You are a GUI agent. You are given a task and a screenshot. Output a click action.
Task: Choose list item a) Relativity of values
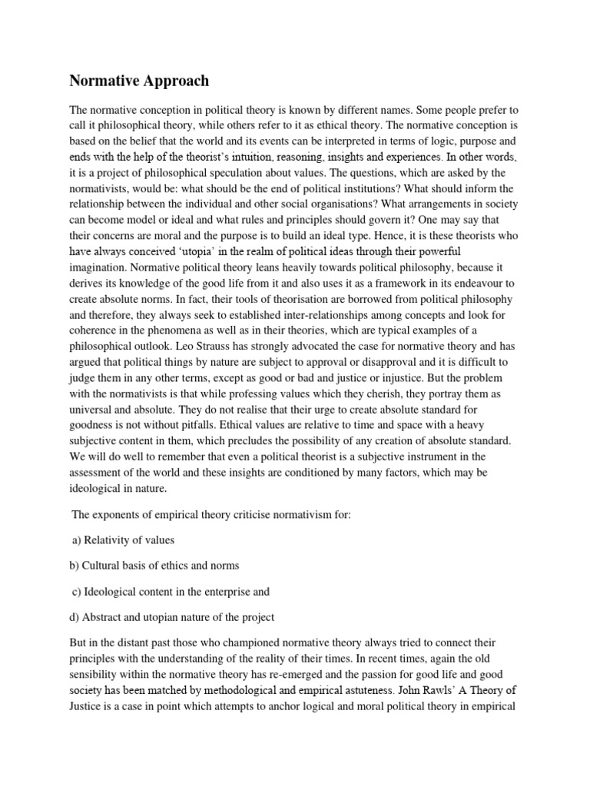tap(123, 540)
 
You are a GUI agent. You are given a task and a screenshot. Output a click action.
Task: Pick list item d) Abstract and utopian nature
tap(172, 616)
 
